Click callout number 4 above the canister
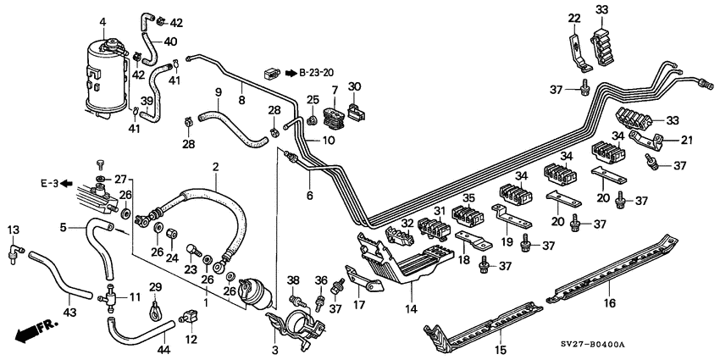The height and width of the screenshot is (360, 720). point(102,20)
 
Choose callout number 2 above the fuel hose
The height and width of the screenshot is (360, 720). point(216,166)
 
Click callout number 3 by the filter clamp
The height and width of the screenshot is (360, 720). point(273,348)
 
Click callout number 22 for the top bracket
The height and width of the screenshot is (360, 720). point(573,19)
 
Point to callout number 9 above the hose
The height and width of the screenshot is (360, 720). point(219,91)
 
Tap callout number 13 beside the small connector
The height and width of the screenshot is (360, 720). point(13,230)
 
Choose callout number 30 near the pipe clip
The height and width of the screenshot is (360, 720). point(354,86)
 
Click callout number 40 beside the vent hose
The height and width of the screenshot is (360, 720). point(170,42)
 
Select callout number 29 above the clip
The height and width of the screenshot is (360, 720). point(156,287)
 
